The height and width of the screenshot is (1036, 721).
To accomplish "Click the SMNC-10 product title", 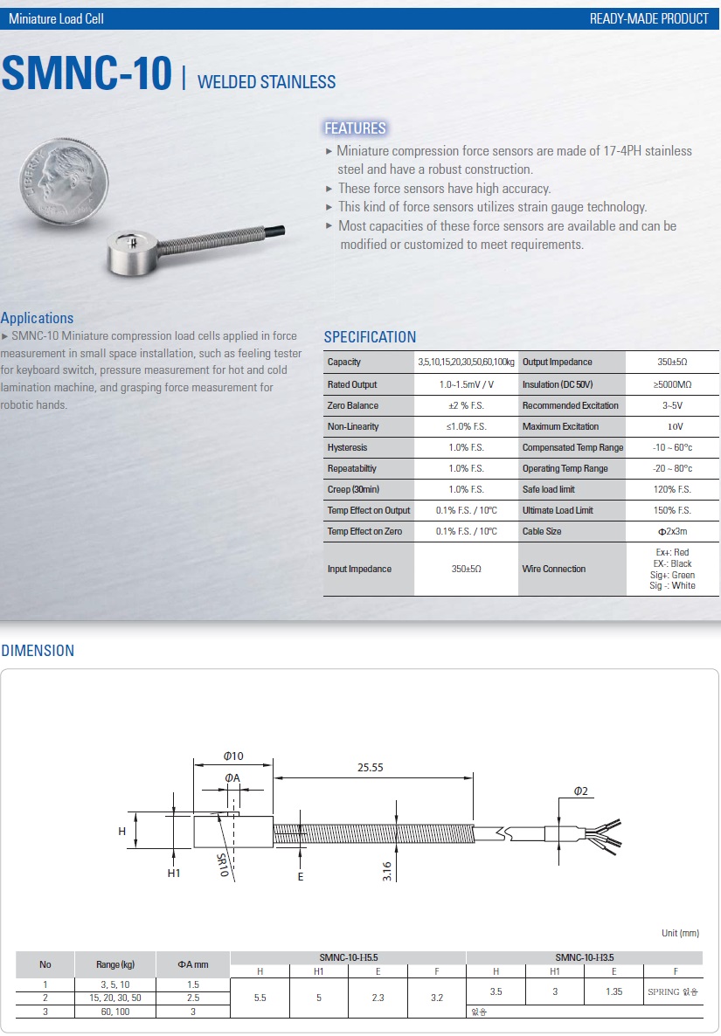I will point(87,74).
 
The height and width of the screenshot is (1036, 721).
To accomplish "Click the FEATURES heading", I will point(355,128).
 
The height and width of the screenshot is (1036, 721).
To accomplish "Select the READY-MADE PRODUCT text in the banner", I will point(649,18).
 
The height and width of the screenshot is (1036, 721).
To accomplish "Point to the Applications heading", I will point(38,318).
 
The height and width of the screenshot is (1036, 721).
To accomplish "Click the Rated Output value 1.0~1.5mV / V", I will point(466,384).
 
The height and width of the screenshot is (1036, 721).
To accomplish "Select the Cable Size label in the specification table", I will point(542,531).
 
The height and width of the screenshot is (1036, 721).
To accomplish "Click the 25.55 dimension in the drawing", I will point(371,767).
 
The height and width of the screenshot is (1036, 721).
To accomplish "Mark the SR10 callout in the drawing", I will point(222,865).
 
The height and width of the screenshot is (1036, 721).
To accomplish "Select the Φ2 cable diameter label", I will point(581,791).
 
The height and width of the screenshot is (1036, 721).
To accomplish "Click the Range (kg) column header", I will point(115,964).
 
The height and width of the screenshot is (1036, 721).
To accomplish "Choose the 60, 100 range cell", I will point(115,1012).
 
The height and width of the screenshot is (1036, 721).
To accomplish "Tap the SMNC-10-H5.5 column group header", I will point(349,957).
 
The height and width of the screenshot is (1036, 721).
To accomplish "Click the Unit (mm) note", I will point(680,933).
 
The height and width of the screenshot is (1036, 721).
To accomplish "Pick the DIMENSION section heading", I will point(38,650).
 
